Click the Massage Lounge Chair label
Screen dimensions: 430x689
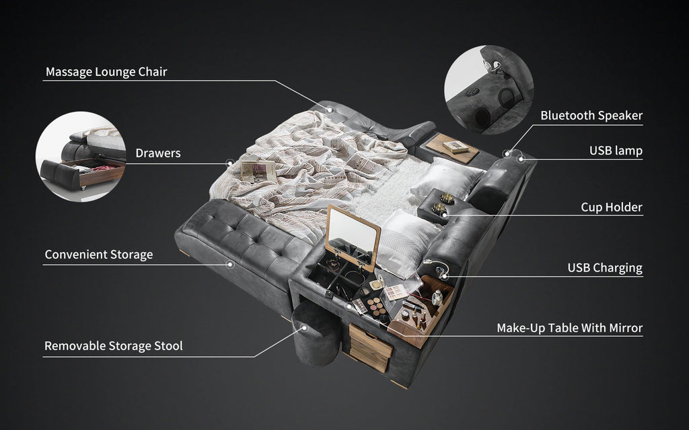coord(106,72)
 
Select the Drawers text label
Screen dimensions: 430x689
coord(157,153)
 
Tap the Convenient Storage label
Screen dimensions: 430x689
coord(98,255)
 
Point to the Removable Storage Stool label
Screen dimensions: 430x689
coord(113,346)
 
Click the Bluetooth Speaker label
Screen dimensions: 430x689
coord(591,116)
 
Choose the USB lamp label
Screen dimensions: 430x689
coord(615,150)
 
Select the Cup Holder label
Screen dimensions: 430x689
coord(611,207)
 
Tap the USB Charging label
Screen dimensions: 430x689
coord(604,268)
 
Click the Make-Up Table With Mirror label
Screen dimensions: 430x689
coord(569,328)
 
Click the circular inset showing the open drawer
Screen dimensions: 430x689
coord(81,156)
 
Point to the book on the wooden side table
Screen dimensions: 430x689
coord(456,146)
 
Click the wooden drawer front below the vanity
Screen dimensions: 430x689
coord(370,347)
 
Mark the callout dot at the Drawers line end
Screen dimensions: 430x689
coord(229,162)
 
